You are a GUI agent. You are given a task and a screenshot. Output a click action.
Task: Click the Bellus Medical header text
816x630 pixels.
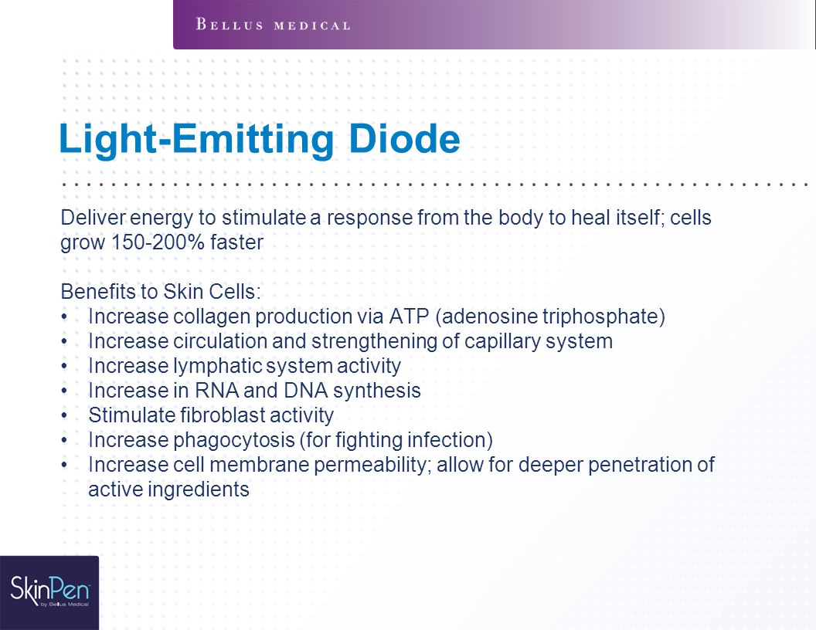coord(274,25)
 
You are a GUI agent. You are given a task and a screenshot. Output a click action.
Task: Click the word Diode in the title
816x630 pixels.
coord(404,139)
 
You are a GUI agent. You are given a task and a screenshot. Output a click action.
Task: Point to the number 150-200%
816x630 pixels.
coord(158,242)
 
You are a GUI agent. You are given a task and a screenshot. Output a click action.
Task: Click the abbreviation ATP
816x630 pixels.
coord(409,317)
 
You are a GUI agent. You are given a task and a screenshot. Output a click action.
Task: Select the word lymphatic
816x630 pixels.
coord(219,367)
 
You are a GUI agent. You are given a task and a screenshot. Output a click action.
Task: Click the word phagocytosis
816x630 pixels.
coord(234,441)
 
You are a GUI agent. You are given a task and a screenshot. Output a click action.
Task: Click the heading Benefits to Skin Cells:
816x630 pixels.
coord(161,292)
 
